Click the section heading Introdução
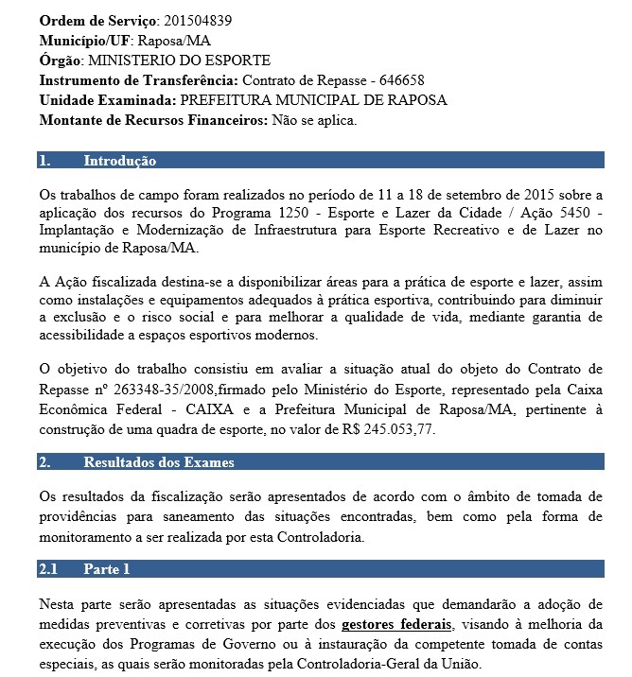coord(119,161)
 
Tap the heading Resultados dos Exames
coord(159,462)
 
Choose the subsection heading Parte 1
coord(106,569)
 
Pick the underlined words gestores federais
coord(396,625)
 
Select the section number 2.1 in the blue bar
coord(49,569)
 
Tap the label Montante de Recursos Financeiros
coord(153,120)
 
